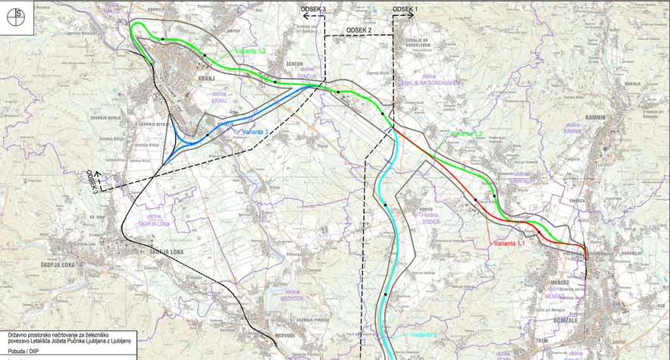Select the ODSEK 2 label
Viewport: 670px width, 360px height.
[x=358, y=30]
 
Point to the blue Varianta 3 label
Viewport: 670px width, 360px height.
[x=251, y=132]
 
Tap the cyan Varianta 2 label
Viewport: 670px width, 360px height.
[x=424, y=334]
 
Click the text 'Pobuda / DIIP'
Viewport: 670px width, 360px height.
[x=24, y=350]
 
